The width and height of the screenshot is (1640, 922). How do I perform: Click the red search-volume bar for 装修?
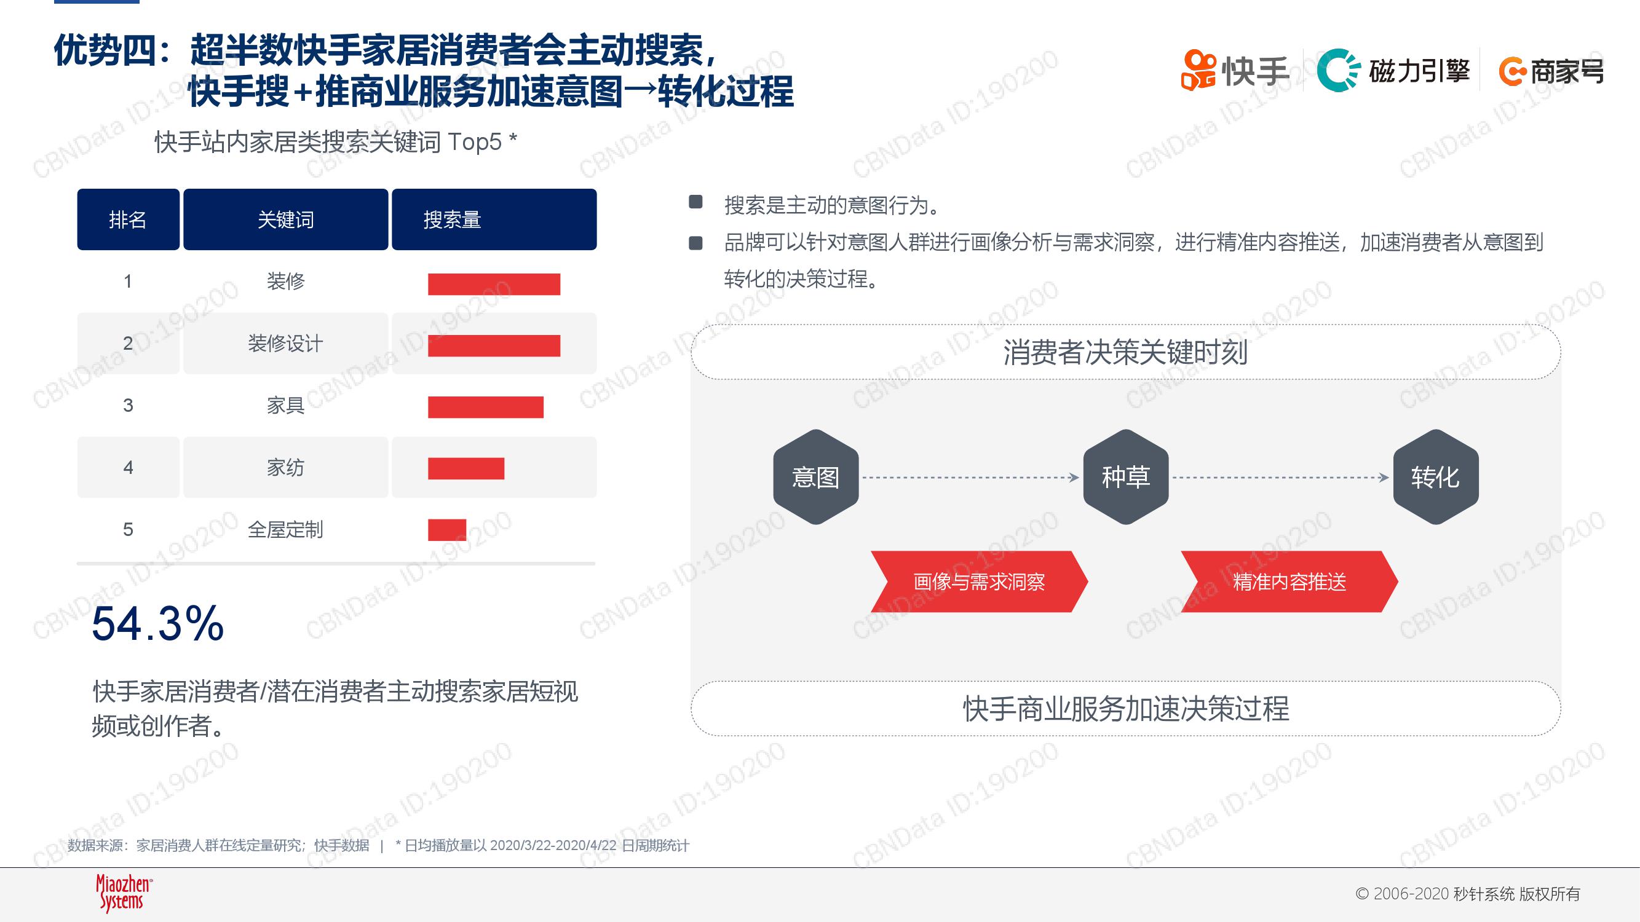point(494,284)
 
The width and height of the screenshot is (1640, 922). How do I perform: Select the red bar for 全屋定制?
point(447,529)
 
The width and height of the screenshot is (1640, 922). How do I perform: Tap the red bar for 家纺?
point(466,468)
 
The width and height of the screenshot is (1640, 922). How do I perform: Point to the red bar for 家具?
point(486,406)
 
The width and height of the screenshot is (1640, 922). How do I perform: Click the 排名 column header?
point(128,219)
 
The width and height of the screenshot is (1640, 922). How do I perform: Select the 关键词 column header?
point(286,219)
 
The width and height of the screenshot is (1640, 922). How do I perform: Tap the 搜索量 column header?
point(494,219)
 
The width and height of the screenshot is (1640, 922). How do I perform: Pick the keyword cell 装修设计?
point(286,344)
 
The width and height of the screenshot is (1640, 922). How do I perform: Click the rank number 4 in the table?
point(128,468)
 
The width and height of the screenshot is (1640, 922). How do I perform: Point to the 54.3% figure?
point(158,623)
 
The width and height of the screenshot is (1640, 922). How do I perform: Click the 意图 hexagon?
point(815,476)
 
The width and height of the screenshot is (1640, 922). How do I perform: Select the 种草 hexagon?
point(1125,476)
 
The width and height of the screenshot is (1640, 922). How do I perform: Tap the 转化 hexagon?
point(1436,476)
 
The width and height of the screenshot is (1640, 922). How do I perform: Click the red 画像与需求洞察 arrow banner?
point(979,581)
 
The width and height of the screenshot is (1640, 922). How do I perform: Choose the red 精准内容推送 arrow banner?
point(1289,581)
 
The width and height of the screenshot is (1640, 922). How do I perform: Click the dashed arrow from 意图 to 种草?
point(971,477)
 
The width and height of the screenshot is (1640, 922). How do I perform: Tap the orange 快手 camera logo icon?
point(1198,70)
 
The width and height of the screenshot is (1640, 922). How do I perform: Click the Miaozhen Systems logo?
point(124,892)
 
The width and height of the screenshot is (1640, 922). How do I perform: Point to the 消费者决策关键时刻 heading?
point(1125,352)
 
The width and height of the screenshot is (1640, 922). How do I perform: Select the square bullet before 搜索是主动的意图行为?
point(696,202)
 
